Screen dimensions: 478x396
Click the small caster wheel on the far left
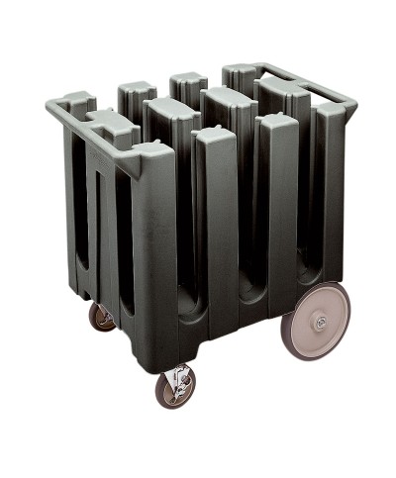102,316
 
